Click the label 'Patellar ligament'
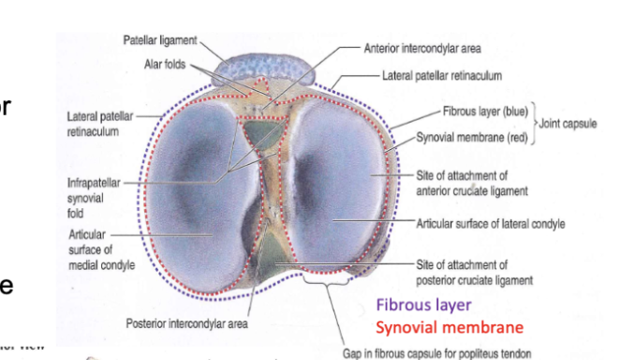[159, 39]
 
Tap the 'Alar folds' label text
[165, 64]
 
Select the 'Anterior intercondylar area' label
[422, 49]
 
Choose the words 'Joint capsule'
[570, 123]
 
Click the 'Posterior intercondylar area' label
[186, 323]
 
